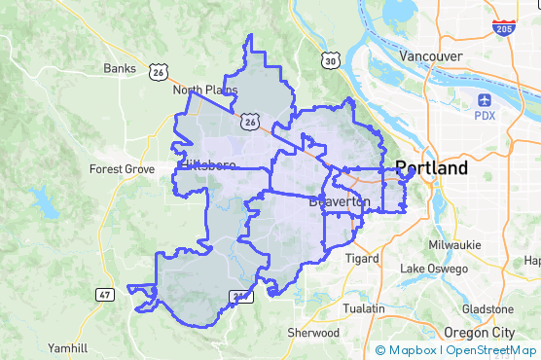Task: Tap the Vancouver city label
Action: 431,56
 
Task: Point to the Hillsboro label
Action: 208,165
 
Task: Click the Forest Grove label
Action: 122,168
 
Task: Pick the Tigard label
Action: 362,258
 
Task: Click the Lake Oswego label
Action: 434,269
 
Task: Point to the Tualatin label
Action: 365,307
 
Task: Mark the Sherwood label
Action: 313,332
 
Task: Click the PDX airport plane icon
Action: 485,100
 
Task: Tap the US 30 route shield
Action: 331,62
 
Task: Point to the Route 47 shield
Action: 105,294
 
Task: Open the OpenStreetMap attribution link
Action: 490,349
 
